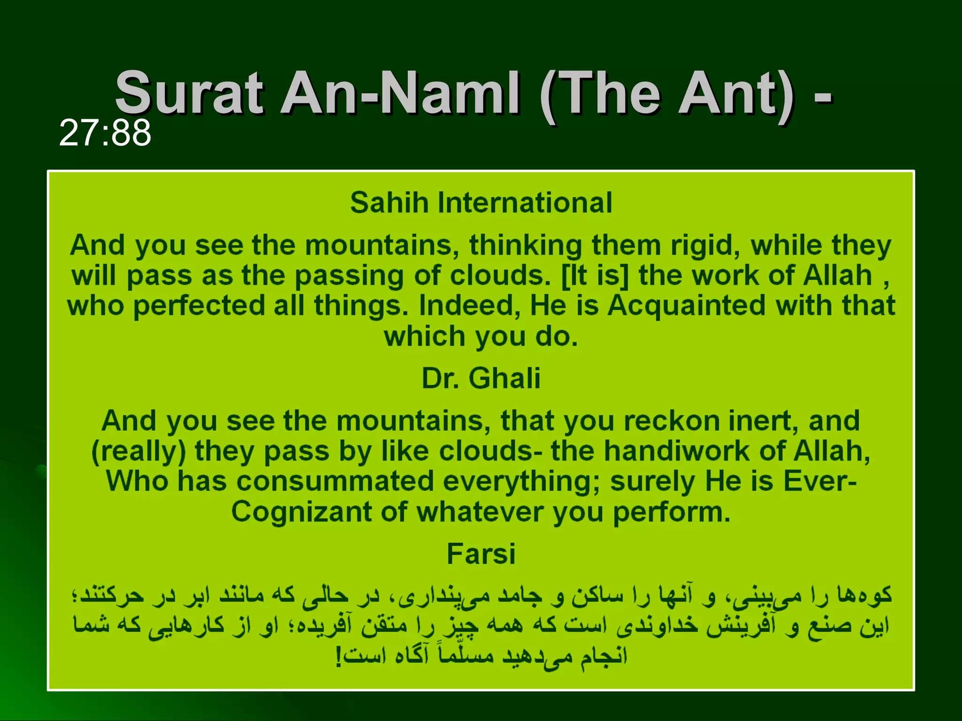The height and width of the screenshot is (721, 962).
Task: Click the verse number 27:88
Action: (105, 133)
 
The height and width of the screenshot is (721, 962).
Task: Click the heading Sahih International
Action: (481, 203)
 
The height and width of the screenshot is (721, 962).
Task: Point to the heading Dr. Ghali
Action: (481, 378)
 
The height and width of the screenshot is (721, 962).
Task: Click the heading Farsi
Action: (481, 554)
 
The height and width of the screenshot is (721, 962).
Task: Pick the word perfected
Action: (199, 306)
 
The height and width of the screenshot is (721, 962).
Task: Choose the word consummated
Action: (335, 482)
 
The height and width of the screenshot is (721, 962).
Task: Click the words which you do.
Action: (481, 337)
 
